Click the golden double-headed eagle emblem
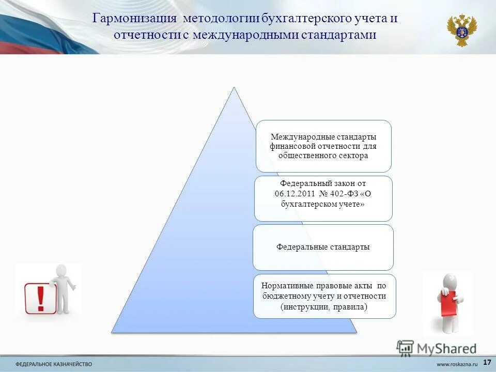pyautogui.click(x=461, y=30)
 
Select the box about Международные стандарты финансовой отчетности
pyautogui.click(x=323, y=146)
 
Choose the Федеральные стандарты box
pyautogui.click(x=323, y=247)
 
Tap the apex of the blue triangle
pyautogui.click(x=234, y=88)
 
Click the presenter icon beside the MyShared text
pyautogui.click(x=405, y=348)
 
